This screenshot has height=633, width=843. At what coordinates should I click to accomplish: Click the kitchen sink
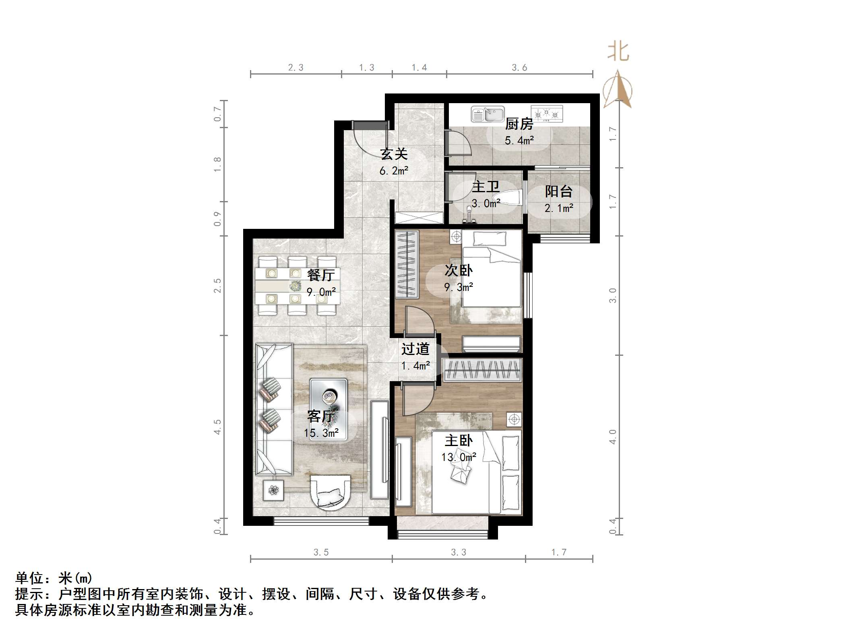coord(488,114)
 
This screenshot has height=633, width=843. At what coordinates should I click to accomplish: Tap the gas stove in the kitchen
coord(546,114)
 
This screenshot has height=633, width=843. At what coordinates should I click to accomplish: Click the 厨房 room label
coord(519,124)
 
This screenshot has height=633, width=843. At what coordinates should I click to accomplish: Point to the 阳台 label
coord(559,191)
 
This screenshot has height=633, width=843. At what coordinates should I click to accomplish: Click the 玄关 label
coord(394,154)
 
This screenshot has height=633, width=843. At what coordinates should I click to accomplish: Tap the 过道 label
coord(415,349)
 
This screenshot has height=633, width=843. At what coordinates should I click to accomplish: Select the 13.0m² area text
coord(459,457)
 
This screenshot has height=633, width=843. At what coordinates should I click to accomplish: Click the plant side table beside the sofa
coord(274,490)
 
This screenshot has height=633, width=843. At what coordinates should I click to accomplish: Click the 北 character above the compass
coord(618,52)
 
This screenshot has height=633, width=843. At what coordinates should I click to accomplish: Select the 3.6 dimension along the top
coord(519,68)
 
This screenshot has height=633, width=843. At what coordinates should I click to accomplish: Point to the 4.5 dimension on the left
coord(217,427)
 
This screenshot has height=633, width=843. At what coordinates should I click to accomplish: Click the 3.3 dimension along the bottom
coord(458,552)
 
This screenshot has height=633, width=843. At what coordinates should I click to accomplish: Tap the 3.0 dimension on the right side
coord(613,295)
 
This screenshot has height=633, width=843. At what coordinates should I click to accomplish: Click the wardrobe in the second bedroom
coord(407,264)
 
